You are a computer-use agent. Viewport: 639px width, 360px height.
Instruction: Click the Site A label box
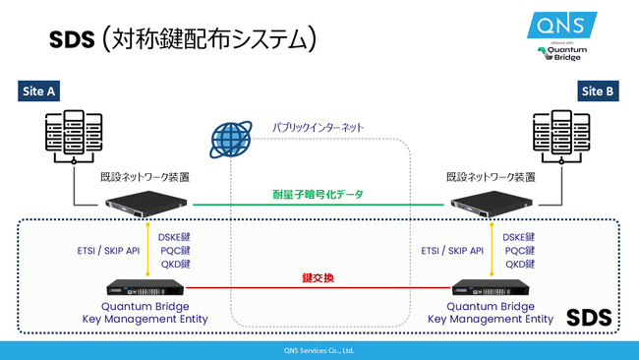tap(38, 91)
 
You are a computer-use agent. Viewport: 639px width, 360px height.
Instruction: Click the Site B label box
tap(599, 91)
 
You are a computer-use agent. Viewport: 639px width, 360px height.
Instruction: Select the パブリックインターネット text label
tap(318, 128)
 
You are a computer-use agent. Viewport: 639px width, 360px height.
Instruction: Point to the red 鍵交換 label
tap(319, 278)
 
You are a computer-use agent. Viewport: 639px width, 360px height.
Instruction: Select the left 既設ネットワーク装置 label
tap(145, 178)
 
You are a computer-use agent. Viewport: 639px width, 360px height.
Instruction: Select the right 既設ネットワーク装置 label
tap(491, 178)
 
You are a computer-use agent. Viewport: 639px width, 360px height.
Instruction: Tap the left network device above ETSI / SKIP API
tap(147, 207)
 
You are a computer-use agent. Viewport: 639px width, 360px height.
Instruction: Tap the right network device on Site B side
tap(492, 207)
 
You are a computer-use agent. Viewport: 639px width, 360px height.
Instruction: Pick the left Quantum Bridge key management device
tap(147, 289)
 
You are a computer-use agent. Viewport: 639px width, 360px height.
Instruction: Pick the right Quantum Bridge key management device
tap(492, 289)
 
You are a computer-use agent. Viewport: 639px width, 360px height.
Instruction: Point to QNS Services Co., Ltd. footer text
tap(319, 350)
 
